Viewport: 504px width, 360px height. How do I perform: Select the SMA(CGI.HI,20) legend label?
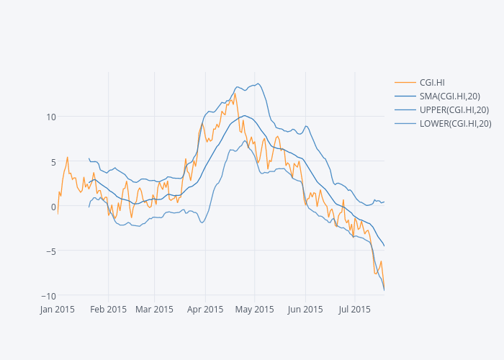point(449,96)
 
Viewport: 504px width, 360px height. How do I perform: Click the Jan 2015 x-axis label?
point(58,310)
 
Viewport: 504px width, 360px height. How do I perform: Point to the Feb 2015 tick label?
point(109,310)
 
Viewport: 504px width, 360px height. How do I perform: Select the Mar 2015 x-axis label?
point(155,310)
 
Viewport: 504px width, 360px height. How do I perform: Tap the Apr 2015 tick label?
point(204,310)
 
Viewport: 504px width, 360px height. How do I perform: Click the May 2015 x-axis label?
point(254,310)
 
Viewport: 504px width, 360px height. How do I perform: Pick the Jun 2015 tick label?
point(305,310)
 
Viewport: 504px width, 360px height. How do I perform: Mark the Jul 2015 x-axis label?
point(354,310)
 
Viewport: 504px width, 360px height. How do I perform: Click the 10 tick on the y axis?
point(50,117)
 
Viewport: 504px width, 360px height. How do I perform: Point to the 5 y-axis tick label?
point(53,162)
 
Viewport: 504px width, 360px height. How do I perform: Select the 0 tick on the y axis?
point(53,207)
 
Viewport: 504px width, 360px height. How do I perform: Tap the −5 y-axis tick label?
point(50,251)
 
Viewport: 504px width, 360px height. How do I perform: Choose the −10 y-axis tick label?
point(48,296)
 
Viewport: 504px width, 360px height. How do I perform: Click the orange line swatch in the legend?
point(405,83)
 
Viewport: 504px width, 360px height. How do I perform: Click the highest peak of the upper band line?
point(257,84)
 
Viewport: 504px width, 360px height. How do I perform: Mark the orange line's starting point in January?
point(58,214)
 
